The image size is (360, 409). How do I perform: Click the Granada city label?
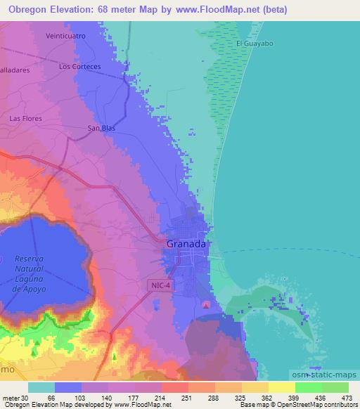[x=186, y=244]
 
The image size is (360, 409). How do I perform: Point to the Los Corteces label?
[x=80, y=67]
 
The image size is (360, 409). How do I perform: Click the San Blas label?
[x=101, y=128]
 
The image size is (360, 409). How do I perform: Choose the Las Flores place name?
[x=25, y=119]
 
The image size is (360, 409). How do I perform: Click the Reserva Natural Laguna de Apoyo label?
[x=29, y=274]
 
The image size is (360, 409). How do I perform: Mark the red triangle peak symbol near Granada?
[x=205, y=304]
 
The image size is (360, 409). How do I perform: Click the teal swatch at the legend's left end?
[x=41, y=387]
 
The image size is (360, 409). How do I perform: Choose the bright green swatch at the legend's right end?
[x=335, y=387]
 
